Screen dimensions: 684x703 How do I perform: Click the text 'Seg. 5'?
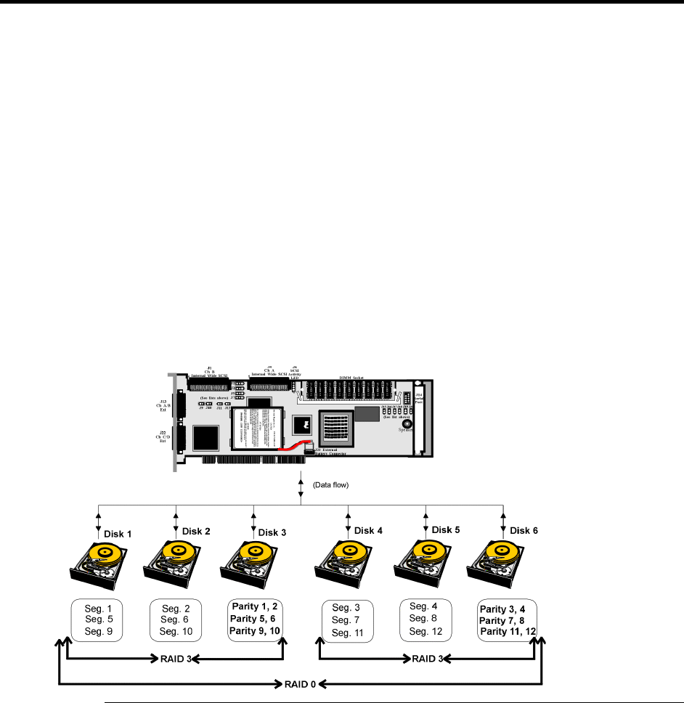99,619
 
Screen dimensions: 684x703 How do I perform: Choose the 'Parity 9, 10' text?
255,630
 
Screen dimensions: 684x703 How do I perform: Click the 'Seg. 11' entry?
346,633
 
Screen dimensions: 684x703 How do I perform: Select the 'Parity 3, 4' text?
507,606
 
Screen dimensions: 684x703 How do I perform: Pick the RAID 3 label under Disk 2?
175,659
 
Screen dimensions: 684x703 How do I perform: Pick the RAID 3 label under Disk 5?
427,659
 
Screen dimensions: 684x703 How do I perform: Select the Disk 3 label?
273,532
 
